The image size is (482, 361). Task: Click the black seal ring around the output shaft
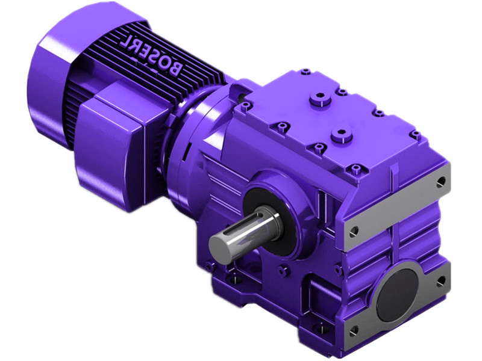[268, 221]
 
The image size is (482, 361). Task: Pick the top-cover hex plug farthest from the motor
[342, 135]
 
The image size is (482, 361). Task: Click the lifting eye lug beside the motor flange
[240, 91]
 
